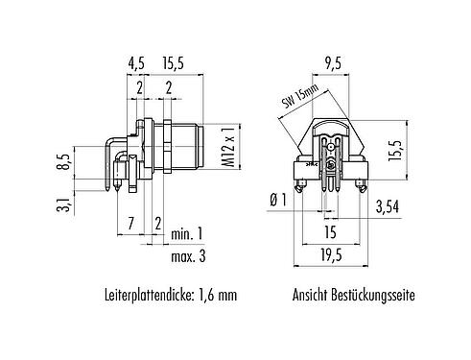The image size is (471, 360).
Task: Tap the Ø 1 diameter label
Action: point(279,199)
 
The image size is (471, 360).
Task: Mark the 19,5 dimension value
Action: point(331,257)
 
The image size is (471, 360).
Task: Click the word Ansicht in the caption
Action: point(309,298)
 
